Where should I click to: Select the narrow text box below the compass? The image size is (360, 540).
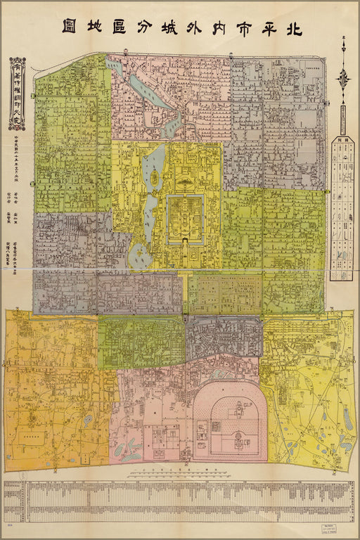tap(343, 120)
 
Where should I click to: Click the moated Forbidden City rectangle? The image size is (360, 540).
tap(185, 218)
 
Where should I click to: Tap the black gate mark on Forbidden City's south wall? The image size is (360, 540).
tap(185, 242)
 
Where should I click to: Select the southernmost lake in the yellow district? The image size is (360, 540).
tap(143, 258)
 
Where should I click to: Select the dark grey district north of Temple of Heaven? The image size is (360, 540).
tap(224, 335)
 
